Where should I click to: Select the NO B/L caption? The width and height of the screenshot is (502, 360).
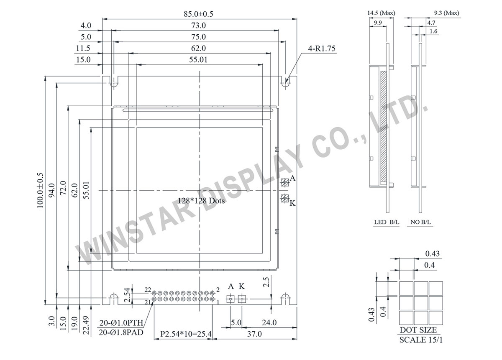click(x=420, y=223)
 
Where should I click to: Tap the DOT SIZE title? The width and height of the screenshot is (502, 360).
click(x=421, y=330)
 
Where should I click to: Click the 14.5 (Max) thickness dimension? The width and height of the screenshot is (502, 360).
click(x=381, y=13)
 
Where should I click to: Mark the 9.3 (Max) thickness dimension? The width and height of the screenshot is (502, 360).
click(x=445, y=13)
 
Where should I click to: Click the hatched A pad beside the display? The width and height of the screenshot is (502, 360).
click(x=284, y=182)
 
